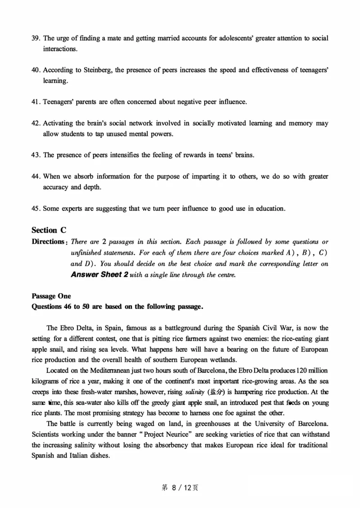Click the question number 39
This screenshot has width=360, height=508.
point(36,38)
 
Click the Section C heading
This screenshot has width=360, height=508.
point(49,230)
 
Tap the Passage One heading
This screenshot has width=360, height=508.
point(51,296)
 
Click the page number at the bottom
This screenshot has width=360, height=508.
point(180,488)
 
